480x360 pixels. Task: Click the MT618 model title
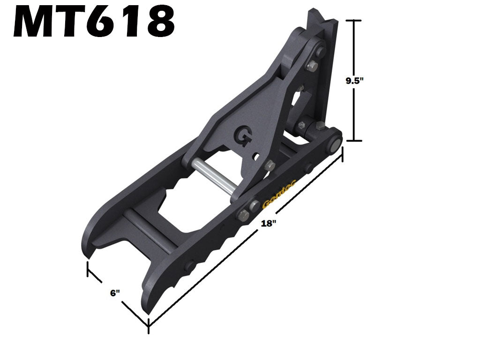[x=94, y=22]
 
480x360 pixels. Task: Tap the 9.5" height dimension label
[x=355, y=80]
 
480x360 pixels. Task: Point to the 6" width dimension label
[x=115, y=293]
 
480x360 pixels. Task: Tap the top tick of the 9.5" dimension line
[x=354, y=21]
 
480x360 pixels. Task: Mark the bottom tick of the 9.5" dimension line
[x=354, y=140]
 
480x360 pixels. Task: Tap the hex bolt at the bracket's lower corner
[x=269, y=165]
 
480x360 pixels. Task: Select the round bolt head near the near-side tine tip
[x=189, y=266]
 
